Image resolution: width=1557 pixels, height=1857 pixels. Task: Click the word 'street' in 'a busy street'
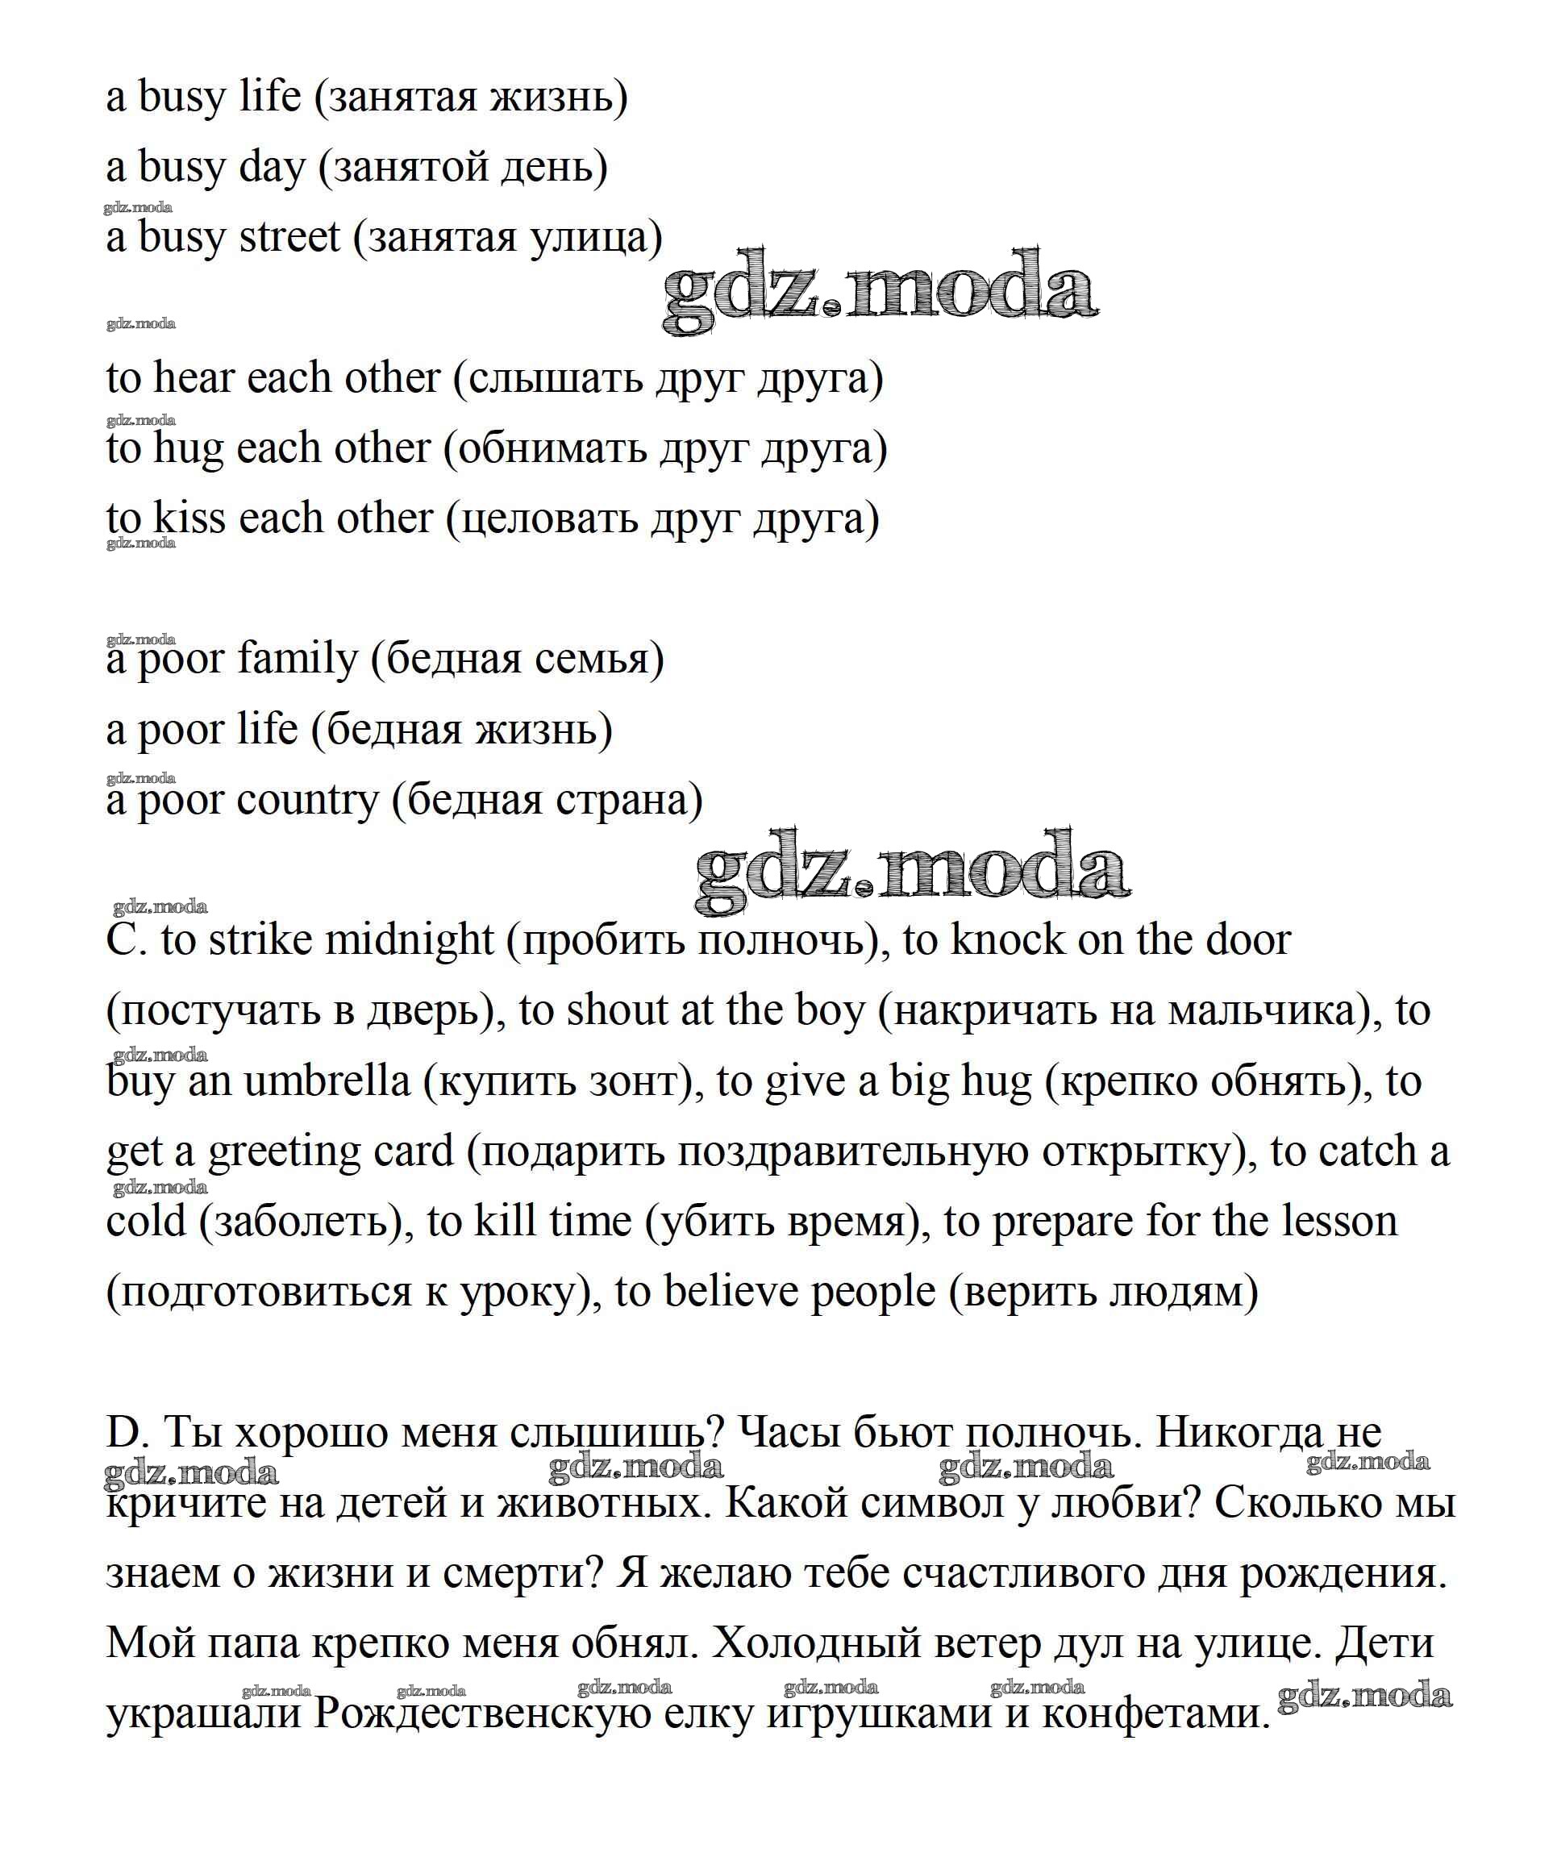[289, 237]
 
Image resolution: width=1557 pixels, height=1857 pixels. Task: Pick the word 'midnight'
[410, 940]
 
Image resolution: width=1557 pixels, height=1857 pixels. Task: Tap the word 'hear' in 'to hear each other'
[194, 377]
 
